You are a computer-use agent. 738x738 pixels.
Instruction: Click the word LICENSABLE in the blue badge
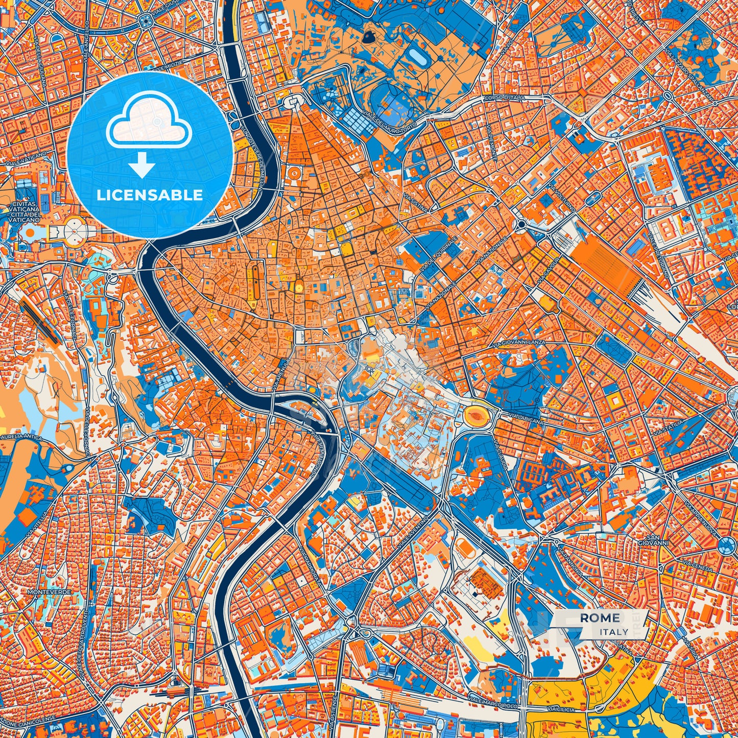[x=150, y=195]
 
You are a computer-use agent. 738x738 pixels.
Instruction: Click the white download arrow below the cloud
[x=141, y=165]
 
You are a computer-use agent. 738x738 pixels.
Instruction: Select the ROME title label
[x=600, y=618]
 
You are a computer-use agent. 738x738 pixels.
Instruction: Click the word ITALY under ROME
[x=614, y=632]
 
